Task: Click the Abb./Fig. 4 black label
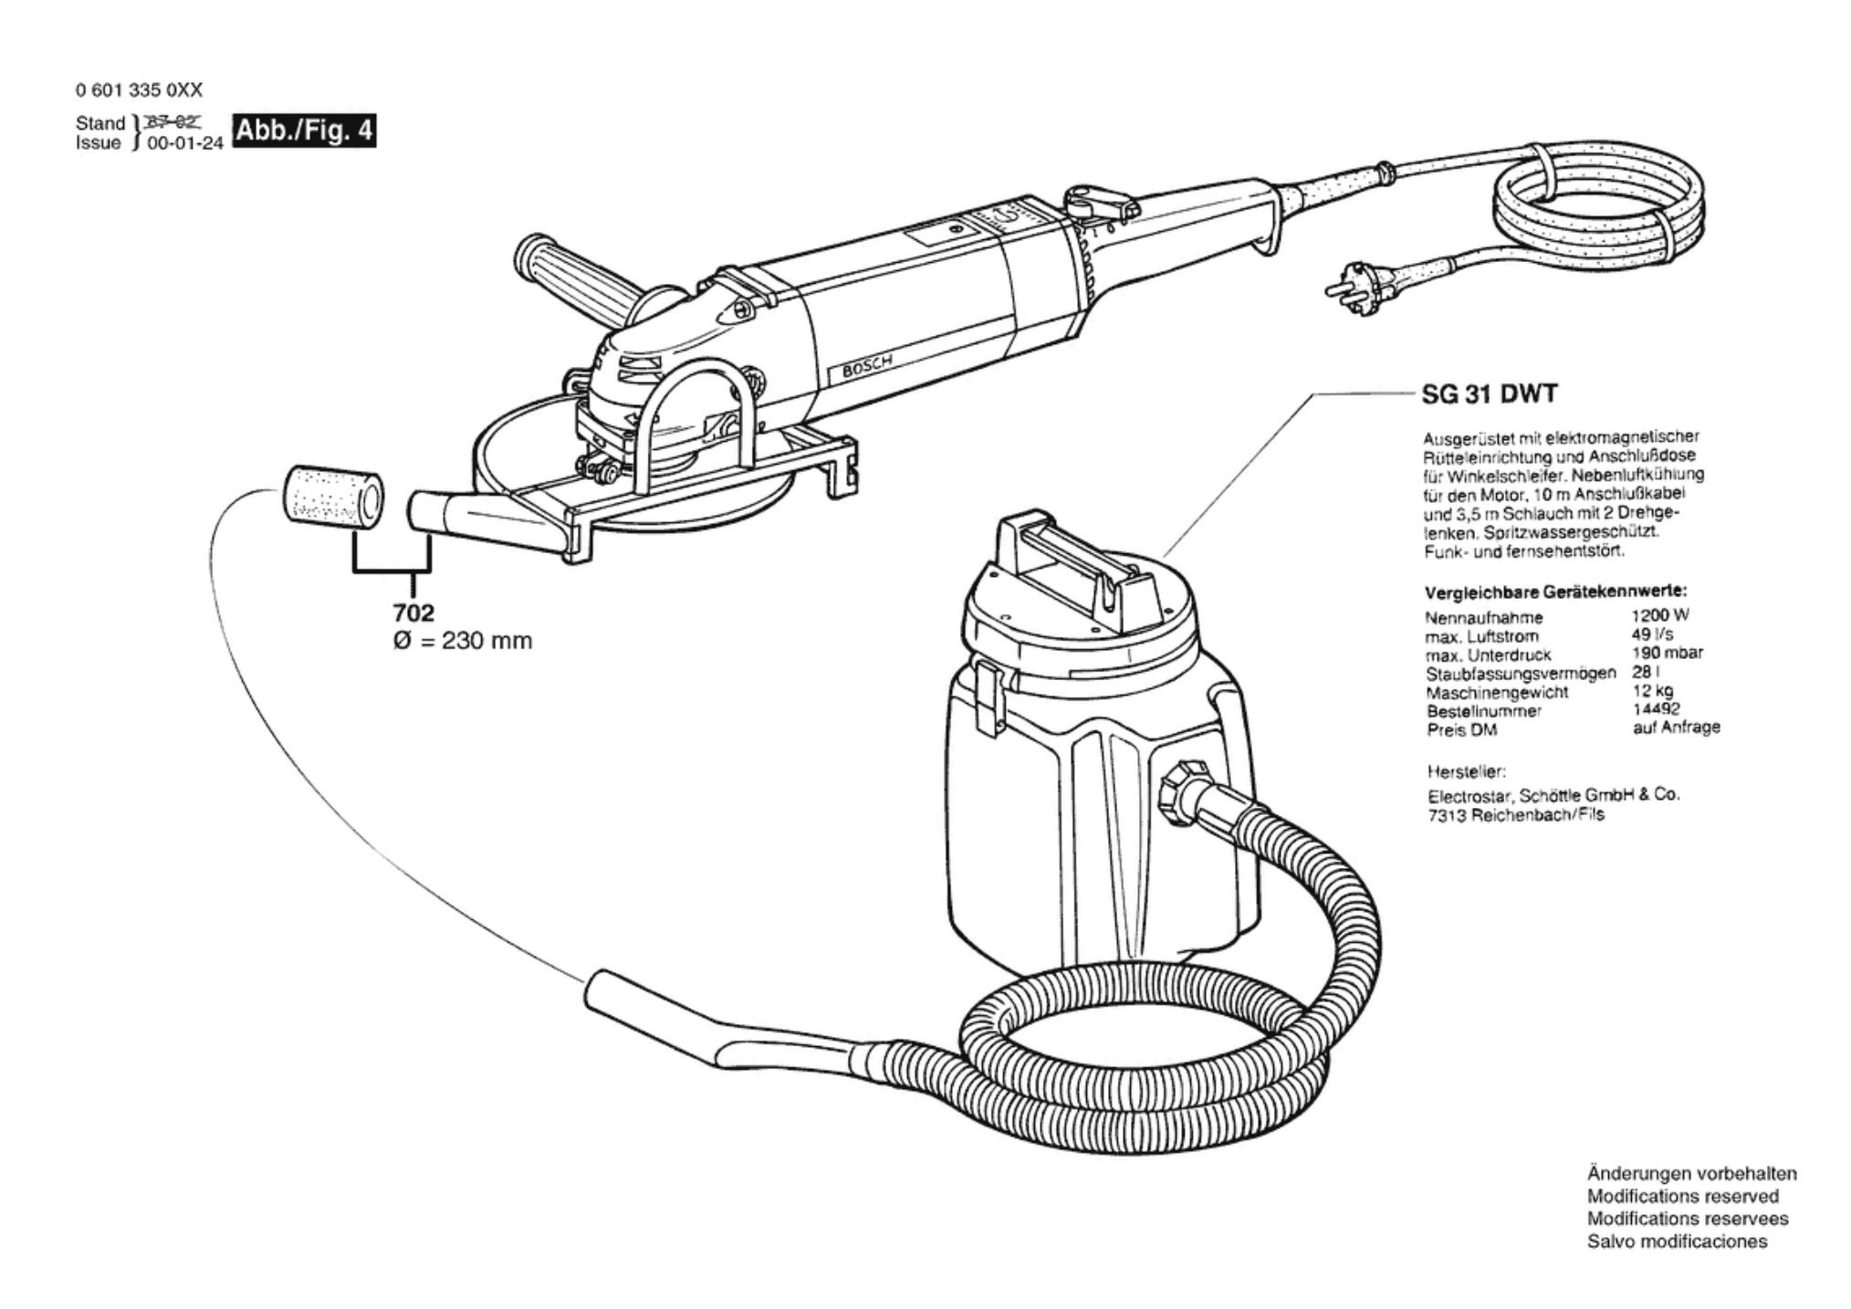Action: click(x=304, y=131)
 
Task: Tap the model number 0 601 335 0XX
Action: click(x=139, y=90)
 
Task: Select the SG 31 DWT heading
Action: click(x=1490, y=394)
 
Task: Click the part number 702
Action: click(x=414, y=613)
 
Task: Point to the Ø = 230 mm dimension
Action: click(x=462, y=641)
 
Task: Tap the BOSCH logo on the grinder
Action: click(x=868, y=364)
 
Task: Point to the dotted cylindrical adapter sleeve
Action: click(x=330, y=497)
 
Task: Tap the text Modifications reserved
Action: click(x=1682, y=1196)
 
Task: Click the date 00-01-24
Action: click(x=184, y=144)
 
